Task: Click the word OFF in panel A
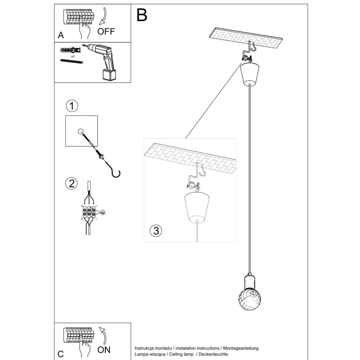point(106,31)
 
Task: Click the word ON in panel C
point(104,350)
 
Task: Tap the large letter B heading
point(142,15)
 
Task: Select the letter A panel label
point(61,36)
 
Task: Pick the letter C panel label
point(61,354)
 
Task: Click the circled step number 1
point(72,106)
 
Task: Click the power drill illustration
point(106,61)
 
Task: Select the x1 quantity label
point(73,57)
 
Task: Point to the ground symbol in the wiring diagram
point(104,213)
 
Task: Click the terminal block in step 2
point(89,212)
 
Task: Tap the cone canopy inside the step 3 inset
point(197,206)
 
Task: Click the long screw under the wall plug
point(71,62)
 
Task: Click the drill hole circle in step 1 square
point(81,131)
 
